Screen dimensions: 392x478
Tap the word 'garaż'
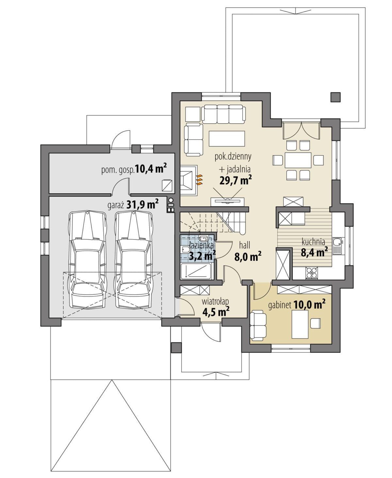click(x=116, y=205)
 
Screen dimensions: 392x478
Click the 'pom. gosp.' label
click(x=118, y=170)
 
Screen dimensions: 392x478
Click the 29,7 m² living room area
click(x=236, y=181)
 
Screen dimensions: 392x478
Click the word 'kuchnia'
click(x=313, y=242)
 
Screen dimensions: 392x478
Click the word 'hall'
click(x=245, y=245)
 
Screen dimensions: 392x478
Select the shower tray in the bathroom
click(x=196, y=272)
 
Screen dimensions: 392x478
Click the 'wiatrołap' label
click(x=215, y=302)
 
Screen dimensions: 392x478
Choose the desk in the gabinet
click(x=300, y=324)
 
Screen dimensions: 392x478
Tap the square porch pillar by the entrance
click(x=176, y=348)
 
